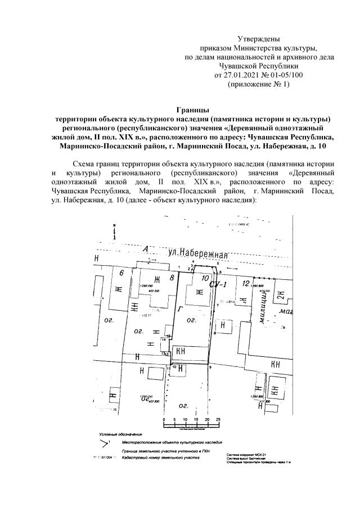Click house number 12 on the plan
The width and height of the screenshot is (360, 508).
(245, 283)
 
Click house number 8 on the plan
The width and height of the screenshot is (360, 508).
(172, 277)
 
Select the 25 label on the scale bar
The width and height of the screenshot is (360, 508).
(218, 420)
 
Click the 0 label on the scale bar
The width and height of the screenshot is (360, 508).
(163, 420)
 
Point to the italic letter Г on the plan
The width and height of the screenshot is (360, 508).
(179, 309)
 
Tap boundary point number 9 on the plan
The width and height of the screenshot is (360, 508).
(210, 367)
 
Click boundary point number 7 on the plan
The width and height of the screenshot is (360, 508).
(217, 305)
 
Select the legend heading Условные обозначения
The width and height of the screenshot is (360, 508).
(121, 434)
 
